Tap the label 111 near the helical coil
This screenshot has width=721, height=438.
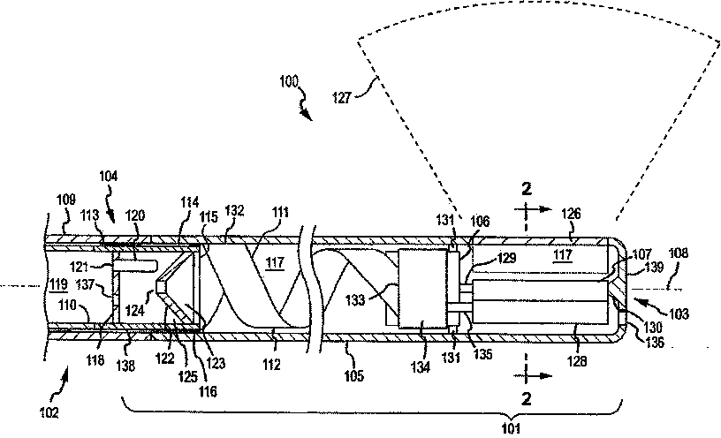(280, 213)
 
